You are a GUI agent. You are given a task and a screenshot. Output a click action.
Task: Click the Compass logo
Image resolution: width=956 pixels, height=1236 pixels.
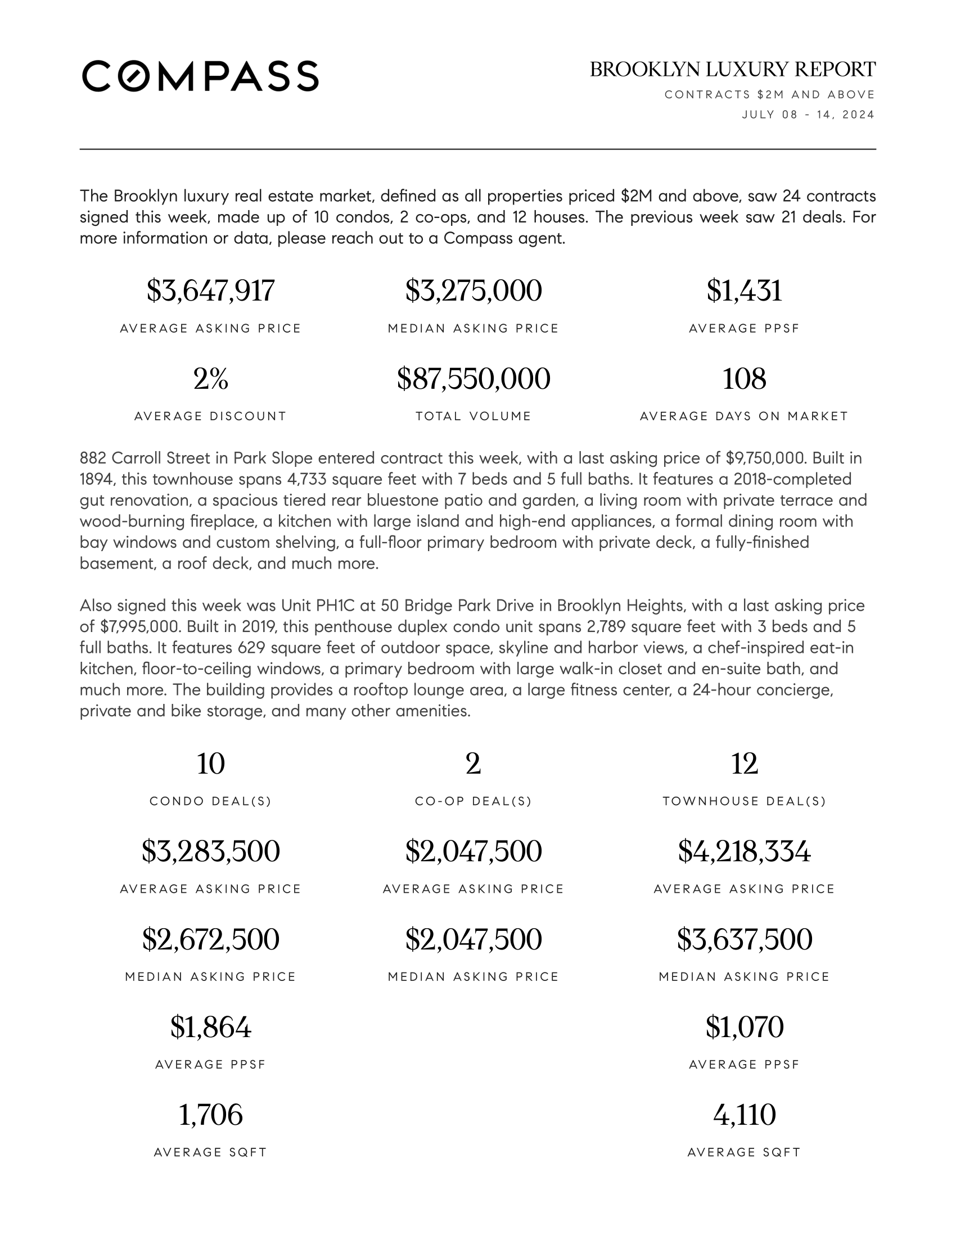click(200, 76)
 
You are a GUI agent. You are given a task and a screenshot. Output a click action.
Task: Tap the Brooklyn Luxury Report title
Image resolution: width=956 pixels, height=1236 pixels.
click(732, 70)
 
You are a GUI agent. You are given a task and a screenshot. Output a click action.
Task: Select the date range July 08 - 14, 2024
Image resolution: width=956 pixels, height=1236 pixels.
click(808, 115)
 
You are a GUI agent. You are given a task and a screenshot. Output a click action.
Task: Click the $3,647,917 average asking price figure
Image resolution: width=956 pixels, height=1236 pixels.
click(211, 291)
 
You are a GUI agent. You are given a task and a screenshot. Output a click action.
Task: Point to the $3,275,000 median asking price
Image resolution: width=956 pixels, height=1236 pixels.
click(474, 291)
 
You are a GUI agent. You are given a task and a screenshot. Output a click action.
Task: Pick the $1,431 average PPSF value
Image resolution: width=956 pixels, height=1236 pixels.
click(744, 291)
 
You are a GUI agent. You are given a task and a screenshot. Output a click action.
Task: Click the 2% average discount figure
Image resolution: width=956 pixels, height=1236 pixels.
click(211, 379)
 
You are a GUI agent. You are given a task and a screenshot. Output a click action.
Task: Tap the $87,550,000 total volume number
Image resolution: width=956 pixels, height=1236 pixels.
click(474, 379)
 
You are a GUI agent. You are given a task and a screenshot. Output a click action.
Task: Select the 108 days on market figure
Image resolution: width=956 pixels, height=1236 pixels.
click(744, 379)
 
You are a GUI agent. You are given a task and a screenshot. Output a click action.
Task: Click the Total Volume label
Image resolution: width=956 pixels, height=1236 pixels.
click(474, 416)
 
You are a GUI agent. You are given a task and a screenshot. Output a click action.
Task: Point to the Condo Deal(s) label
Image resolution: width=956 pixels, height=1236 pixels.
click(211, 801)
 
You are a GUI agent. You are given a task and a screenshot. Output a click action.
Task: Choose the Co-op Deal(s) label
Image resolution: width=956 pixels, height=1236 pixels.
click(474, 801)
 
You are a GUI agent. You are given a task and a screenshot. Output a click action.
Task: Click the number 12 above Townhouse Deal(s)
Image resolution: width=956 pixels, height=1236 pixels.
click(744, 764)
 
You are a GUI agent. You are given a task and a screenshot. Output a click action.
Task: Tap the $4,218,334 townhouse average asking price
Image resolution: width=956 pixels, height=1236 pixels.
click(744, 851)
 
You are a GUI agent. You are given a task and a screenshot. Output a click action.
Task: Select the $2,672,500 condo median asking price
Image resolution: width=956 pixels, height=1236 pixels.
click(211, 939)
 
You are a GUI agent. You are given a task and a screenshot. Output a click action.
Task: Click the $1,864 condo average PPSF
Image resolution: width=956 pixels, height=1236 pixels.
click(211, 1027)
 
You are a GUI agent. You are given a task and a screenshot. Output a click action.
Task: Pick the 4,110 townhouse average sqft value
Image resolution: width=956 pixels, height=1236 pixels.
click(744, 1115)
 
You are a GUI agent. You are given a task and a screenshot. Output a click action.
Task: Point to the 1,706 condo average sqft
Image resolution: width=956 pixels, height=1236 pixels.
click(211, 1115)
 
